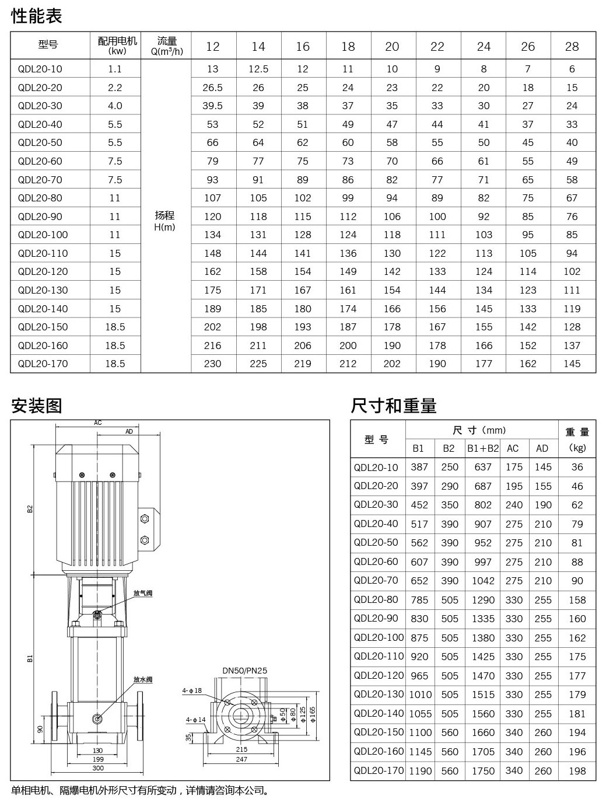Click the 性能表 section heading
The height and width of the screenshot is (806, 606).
[37, 16]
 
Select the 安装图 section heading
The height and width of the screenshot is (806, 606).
[37, 406]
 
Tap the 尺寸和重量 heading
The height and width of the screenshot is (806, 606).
[394, 406]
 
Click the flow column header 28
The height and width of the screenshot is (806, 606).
[572, 47]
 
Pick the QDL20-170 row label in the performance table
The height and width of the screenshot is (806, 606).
[43, 364]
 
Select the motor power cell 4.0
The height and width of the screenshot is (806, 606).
[115, 106]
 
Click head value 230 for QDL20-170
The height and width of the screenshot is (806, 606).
[212, 364]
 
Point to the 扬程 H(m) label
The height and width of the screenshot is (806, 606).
[165, 221]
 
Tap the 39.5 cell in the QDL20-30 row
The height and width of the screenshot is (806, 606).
[212, 106]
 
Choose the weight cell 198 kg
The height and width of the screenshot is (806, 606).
[577, 770]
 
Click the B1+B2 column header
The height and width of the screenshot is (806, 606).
[483, 448]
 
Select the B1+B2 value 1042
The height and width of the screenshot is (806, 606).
[483, 581]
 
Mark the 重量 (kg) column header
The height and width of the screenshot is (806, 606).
[577, 439]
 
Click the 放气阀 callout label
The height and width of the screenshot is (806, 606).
[142, 594]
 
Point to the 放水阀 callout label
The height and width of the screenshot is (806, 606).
[142, 679]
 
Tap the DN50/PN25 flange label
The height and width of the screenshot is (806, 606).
[245, 671]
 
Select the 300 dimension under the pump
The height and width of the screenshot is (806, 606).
[98, 768]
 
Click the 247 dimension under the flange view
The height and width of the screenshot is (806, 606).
[241, 759]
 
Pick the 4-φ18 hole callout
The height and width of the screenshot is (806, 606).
[192, 690]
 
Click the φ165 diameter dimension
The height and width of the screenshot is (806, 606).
[313, 714]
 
